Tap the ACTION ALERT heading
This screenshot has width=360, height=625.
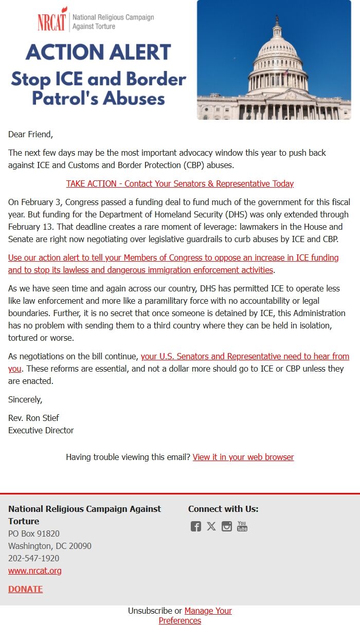pyautogui.click(x=98, y=52)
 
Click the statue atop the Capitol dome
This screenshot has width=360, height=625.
pyautogui.click(x=277, y=19)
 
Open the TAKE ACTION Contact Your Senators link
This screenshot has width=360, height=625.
pyautogui.click(x=180, y=183)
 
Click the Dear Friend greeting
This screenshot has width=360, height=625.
pyautogui.click(x=30, y=134)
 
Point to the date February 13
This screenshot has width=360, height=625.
pyautogui.click(x=31, y=227)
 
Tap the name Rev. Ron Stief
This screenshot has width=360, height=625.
pyautogui.click(x=33, y=418)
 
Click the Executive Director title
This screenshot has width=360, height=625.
pyautogui.click(x=41, y=430)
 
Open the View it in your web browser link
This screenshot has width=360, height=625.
pyautogui.click(x=243, y=457)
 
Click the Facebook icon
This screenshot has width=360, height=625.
pyautogui.click(x=196, y=526)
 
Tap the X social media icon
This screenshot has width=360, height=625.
pyautogui.click(x=211, y=526)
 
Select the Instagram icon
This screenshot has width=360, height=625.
pyautogui.click(x=227, y=526)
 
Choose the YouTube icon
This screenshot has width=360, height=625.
pyautogui.click(x=242, y=526)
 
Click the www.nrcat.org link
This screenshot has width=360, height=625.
pyautogui.click(x=34, y=571)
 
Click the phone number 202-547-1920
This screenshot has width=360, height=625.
pyautogui.click(x=33, y=558)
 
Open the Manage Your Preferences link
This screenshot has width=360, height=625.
pyautogui.click(x=208, y=611)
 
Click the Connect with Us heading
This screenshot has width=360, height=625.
pyautogui.click(x=223, y=509)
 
